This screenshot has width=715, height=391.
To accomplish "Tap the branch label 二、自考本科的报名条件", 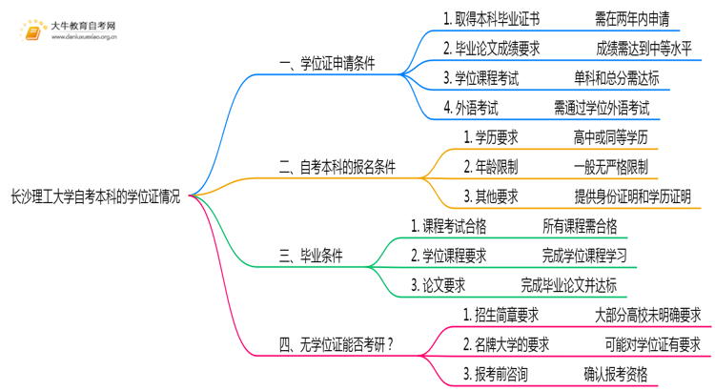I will [x=337, y=168].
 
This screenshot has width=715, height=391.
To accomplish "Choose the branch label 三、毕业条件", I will [x=311, y=256].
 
